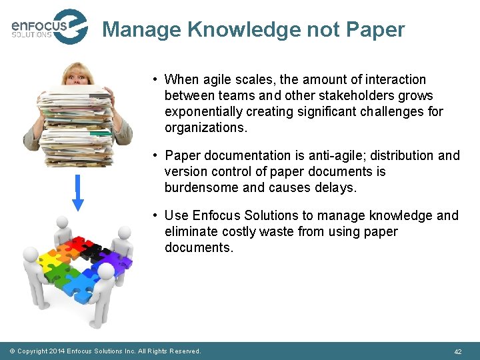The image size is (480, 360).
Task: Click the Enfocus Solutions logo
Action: coord(49,27)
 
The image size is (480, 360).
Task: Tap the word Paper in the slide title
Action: coord(375,30)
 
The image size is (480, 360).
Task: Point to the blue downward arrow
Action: coord(78,193)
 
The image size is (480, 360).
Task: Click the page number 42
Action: coord(457,351)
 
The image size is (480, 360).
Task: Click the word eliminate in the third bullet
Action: coord(190,231)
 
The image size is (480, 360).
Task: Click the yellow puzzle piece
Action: coord(50,257)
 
